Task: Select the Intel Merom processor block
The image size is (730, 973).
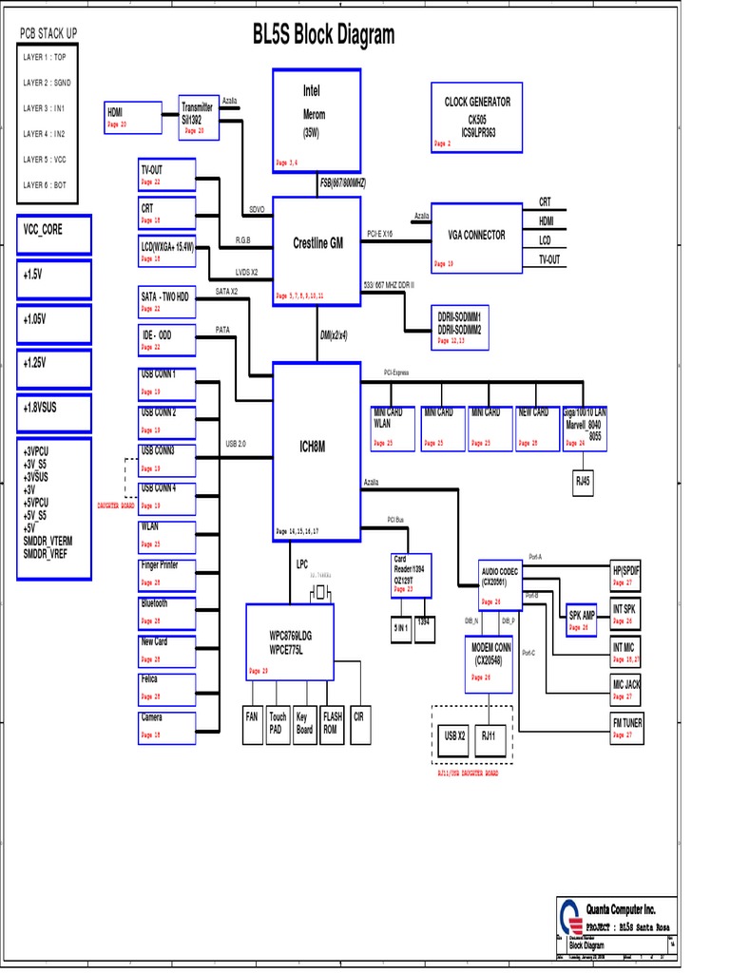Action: click(x=317, y=119)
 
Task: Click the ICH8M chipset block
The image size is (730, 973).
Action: click(x=317, y=451)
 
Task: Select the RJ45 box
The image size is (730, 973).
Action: click(x=582, y=482)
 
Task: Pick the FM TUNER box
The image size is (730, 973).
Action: click(x=626, y=728)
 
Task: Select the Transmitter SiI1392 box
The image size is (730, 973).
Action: click(x=199, y=116)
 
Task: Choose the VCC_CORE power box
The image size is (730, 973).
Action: click(x=54, y=235)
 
